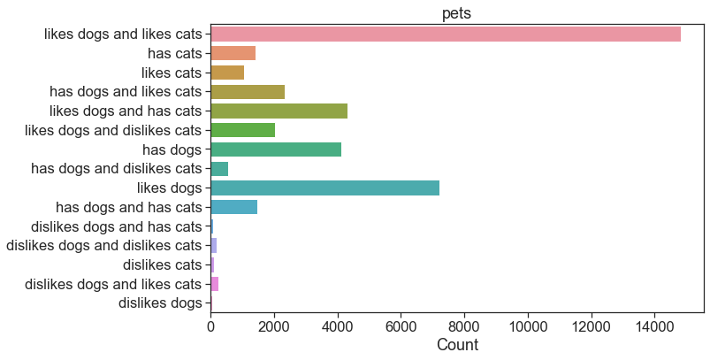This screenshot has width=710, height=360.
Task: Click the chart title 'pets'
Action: pos(456,13)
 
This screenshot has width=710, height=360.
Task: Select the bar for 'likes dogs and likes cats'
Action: pos(446,34)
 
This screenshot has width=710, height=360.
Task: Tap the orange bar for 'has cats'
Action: pos(233,53)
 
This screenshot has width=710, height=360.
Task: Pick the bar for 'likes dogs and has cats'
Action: pos(279,111)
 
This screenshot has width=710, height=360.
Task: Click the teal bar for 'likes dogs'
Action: pos(325,188)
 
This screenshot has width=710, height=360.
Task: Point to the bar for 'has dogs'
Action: pos(276,149)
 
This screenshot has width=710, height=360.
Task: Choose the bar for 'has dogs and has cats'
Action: pos(234,207)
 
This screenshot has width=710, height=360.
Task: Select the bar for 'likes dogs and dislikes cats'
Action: pos(242,130)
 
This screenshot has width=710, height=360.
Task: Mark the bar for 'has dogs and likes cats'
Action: pos(248,91)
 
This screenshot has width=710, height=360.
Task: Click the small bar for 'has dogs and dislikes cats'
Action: pos(219,168)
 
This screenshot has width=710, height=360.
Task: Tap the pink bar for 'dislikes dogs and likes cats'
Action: pos(215,284)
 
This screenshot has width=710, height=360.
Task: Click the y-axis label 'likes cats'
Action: pos(172,73)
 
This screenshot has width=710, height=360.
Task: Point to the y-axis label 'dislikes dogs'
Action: pos(160,303)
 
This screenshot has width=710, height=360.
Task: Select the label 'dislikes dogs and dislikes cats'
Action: pos(103,245)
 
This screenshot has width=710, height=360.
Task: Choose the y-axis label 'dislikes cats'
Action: pos(162,264)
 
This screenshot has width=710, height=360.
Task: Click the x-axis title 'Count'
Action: pos(457,345)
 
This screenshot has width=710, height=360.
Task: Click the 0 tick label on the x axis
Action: pos(210,326)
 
